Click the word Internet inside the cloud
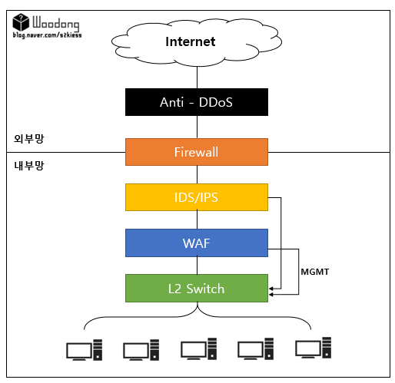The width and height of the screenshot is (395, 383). pyautogui.click(x=191, y=41)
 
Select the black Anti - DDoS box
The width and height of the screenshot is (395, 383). pyautogui.click(x=197, y=102)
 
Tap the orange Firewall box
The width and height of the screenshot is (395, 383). pyautogui.click(x=197, y=152)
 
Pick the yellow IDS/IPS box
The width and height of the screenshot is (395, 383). pyautogui.click(x=197, y=197)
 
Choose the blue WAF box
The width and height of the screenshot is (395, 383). pyautogui.click(x=197, y=243)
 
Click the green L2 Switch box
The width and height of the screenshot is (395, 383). pyautogui.click(x=197, y=289)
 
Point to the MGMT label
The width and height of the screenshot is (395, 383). pyautogui.click(x=315, y=272)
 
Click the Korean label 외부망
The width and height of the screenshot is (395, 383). pyautogui.click(x=29, y=139)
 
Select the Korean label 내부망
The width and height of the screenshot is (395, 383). pyautogui.click(x=29, y=166)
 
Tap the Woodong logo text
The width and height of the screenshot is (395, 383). pyautogui.click(x=56, y=24)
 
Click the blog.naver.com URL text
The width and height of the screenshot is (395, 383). pyautogui.click(x=48, y=35)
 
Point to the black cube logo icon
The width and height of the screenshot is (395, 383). pyautogui.click(x=21, y=22)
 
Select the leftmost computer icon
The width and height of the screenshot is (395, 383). pyautogui.click(x=85, y=350)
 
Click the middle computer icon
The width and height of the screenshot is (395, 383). pyautogui.click(x=199, y=349)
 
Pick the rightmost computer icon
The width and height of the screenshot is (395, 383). pyautogui.click(x=314, y=348)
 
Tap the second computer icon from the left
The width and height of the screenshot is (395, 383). pyautogui.click(x=141, y=350)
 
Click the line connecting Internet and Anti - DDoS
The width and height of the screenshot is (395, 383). pyautogui.click(x=197, y=78)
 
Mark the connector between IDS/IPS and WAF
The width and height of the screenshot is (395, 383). pyautogui.click(x=197, y=220)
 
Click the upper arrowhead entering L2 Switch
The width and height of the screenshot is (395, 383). pyautogui.click(x=271, y=289)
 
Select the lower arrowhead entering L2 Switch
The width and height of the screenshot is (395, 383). pyautogui.click(x=271, y=295)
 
